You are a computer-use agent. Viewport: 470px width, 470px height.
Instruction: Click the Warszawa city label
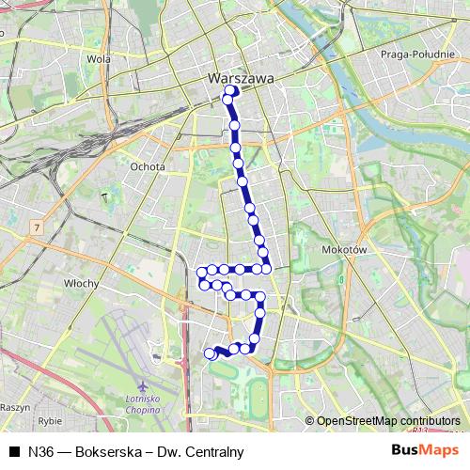point(241,79)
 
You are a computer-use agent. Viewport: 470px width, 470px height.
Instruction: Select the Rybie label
point(49,422)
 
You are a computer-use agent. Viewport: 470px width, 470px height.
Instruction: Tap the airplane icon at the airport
point(140,386)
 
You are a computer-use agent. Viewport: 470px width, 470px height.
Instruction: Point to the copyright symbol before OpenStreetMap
point(309,421)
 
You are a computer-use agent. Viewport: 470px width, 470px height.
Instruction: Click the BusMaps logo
point(425,451)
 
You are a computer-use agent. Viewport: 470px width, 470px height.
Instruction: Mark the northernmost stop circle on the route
point(230,91)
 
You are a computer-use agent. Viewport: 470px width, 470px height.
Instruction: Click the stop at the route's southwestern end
point(210,353)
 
